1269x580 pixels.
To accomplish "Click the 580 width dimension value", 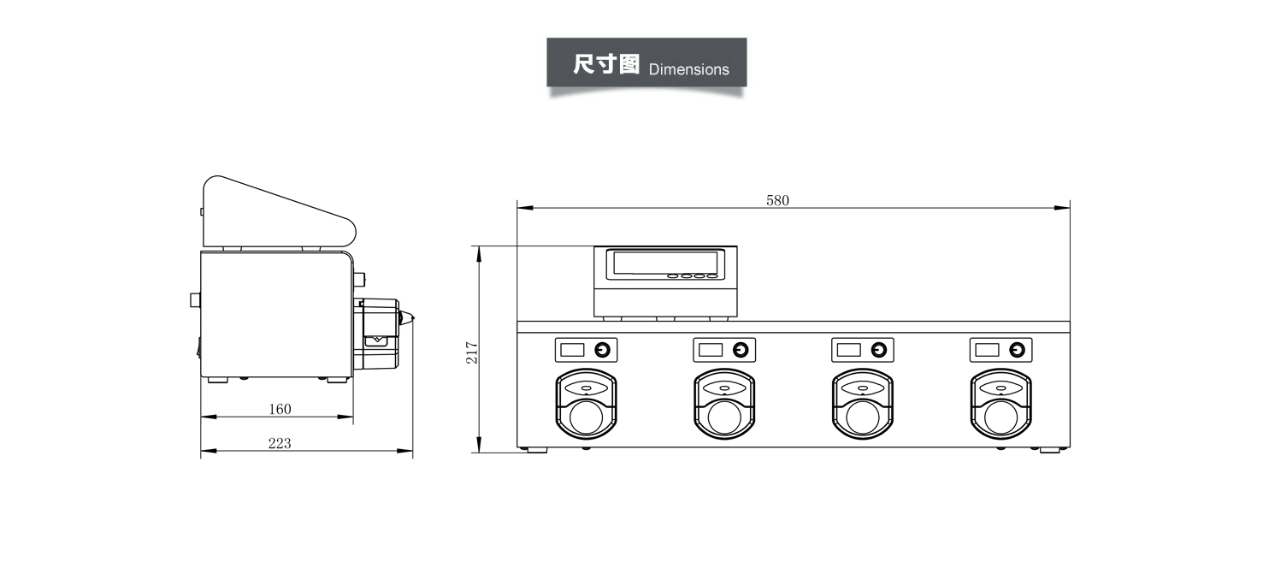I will (x=777, y=200).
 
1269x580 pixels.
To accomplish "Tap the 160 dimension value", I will (x=280, y=409).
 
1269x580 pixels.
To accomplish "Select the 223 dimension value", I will (x=280, y=443).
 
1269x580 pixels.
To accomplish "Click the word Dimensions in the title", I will (x=688, y=69).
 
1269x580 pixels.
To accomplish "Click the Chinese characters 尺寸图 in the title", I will (x=606, y=65).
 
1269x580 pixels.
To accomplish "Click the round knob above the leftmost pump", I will (x=603, y=349).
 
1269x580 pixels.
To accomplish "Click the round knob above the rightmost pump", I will (x=1017, y=349).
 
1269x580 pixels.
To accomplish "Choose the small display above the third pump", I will (x=848, y=349).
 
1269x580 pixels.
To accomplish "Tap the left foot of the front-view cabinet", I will (x=535, y=449).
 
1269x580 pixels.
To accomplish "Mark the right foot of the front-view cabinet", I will (x=1052, y=449).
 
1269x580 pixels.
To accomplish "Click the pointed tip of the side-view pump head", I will (x=413, y=320).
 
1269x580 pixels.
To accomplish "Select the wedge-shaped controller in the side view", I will (x=274, y=214).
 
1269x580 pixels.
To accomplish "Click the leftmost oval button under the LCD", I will (x=673, y=276).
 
